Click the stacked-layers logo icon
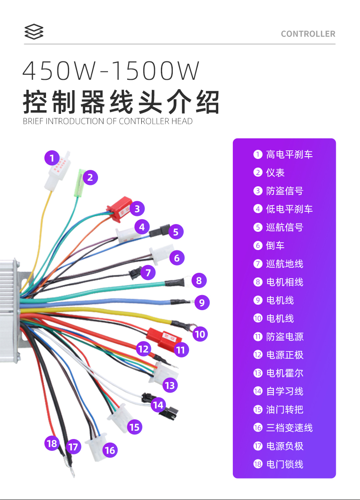tap(34, 31)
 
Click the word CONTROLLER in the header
tap(308, 34)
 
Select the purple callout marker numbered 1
tap(52, 158)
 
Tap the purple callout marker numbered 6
tap(177, 258)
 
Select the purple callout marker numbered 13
tap(170, 386)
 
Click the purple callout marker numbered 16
tap(110, 450)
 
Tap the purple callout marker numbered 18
tap(52, 443)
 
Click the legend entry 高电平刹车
tap(289, 154)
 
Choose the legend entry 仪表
tap(275, 173)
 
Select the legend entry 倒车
tap(275, 245)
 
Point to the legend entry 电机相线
tap(284, 282)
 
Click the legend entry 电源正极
tap(284, 355)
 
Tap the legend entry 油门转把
tap(284, 409)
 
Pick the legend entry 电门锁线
tap(284, 464)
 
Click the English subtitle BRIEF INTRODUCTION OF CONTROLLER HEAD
tap(108, 121)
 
